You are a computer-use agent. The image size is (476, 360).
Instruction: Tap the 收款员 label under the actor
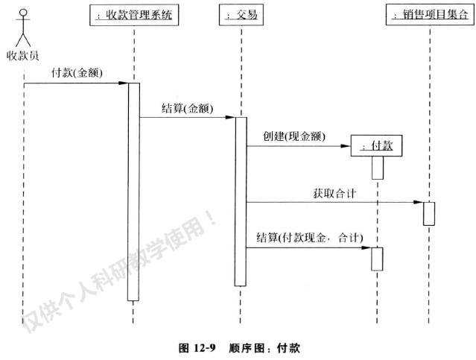[x=23, y=55]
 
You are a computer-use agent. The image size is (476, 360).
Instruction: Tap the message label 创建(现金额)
[x=293, y=136]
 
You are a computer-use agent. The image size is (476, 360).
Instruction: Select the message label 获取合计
[x=334, y=193]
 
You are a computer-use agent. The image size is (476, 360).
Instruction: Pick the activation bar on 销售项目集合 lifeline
[x=429, y=213]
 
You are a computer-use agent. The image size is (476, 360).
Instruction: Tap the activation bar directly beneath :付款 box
[x=377, y=168]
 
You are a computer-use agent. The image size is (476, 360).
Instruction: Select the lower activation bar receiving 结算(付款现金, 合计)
[x=377, y=259]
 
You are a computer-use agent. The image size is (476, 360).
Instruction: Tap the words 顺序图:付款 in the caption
[x=264, y=347]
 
